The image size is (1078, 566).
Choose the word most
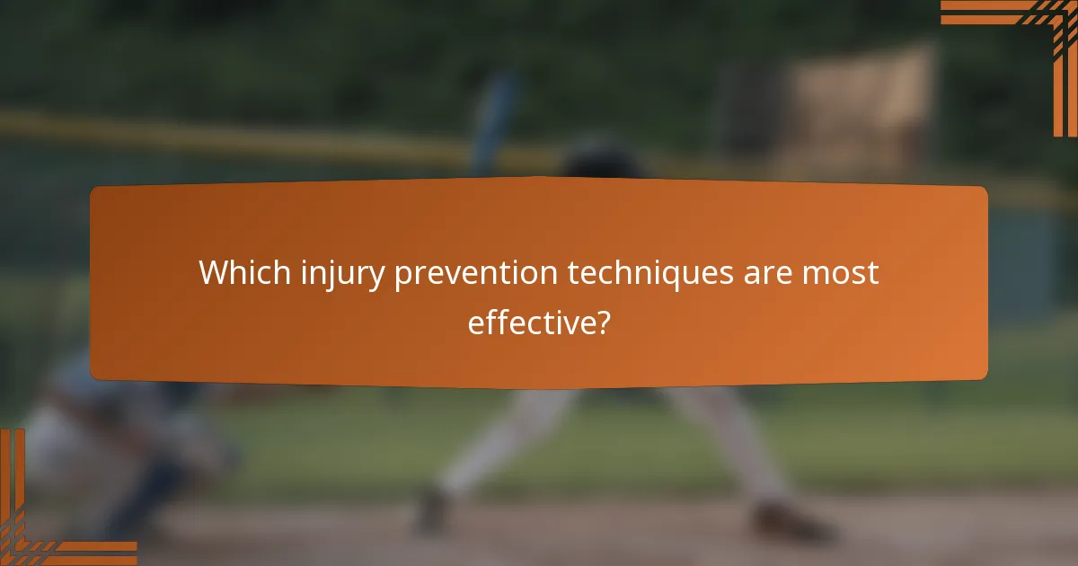pyautogui.click(x=842, y=273)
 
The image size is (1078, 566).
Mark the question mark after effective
pyautogui.click(x=602, y=322)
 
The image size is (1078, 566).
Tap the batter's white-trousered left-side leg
pyautogui.click(x=503, y=440)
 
